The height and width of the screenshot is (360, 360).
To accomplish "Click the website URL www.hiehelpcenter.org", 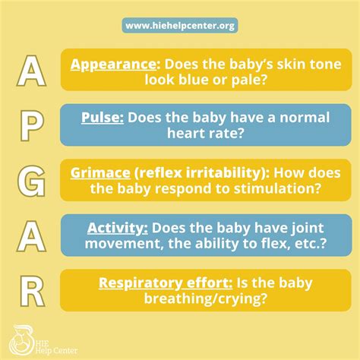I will click(x=180, y=26).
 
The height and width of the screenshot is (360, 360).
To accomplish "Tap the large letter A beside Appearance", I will click(x=32, y=71).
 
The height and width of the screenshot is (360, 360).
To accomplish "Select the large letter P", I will click(x=32, y=125).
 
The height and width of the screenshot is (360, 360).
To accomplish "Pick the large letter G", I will click(x=32, y=180).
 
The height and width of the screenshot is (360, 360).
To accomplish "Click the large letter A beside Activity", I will click(x=32, y=235).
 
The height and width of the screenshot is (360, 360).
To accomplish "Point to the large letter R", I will click(x=32, y=289).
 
